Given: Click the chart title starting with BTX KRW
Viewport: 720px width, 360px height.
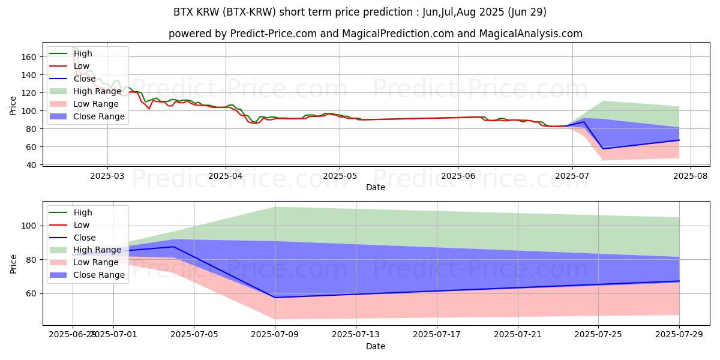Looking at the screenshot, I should pos(360,12).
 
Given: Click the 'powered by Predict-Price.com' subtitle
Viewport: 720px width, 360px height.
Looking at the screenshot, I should pos(376,34).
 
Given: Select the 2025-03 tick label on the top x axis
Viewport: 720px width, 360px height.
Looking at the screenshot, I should pos(107,176).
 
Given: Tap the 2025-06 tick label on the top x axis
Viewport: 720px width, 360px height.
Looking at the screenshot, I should pos(458,176).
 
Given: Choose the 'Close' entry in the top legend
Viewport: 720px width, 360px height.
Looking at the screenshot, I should pos(85,79).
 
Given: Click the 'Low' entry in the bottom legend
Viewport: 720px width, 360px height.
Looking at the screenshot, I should pos(82,225).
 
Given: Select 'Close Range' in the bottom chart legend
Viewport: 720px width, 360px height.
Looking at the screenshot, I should pos(99,275).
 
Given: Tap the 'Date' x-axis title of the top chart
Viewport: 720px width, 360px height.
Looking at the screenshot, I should pos(376,187).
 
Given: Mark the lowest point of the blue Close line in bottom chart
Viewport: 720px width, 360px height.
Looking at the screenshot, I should pos(275,298).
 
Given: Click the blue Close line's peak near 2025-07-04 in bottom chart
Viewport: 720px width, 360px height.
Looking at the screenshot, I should pos(174,247).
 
